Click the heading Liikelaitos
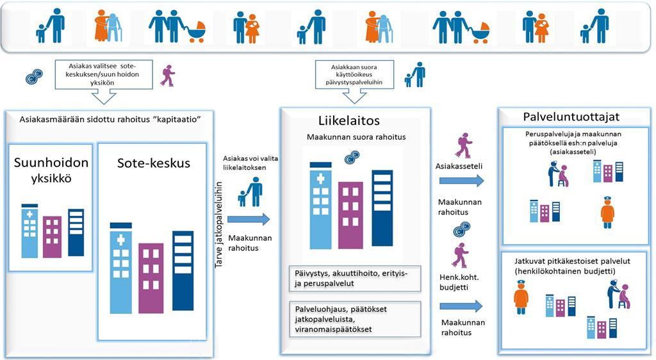click(x=349, y=121)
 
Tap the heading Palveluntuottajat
click(x=571, y=117)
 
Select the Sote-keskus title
click(x=154, y=163)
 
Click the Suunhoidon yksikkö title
click(x=51, y=170)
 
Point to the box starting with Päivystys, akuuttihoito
click(x=355, y=279)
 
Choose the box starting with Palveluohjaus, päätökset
click(x=355, y=319)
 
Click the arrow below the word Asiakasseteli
click(x=461, y=181)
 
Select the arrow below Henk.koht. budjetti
click(x=461, y=306)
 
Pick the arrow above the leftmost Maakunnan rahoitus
click(x=249, y=219)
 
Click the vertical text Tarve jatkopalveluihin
click(x=218, y=225)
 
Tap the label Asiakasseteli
click(x=459, y=166)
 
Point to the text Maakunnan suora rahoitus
click(x=356, y=137)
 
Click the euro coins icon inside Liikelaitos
click(x=352, y=158)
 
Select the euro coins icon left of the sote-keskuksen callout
click(x=34, y=76)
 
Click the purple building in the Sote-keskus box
click(x=151, y=278)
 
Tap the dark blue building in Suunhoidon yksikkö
click(x=76, y=233)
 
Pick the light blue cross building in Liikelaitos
click(x=320, y=206)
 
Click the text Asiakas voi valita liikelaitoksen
click(x=250, y=163)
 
